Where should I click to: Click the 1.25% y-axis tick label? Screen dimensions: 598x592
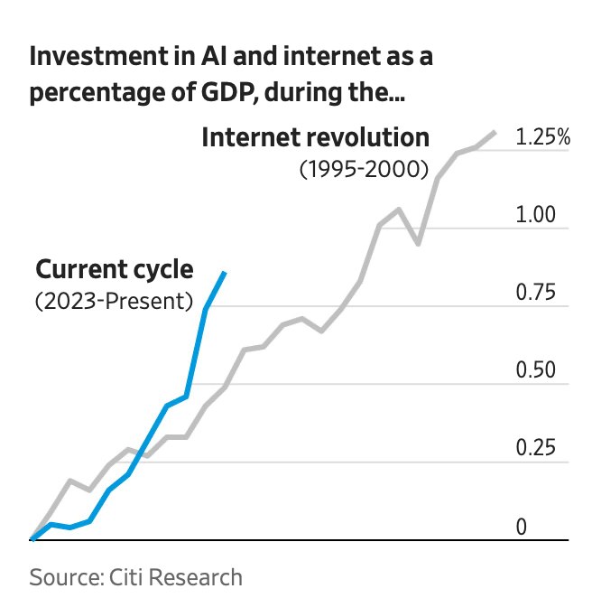tap(542, 138)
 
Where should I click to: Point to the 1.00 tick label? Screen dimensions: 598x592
tap(533, 216)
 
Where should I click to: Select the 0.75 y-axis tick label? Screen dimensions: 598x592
tap(533, 294)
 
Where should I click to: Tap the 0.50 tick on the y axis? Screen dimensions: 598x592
tap(533, 371)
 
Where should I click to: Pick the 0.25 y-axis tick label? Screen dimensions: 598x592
tap(533, 449)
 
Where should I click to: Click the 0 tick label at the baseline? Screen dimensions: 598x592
tap(521, 527)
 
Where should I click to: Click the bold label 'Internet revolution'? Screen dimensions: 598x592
tap(315, 138)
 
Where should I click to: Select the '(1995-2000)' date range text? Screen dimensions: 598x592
tap(363, 169)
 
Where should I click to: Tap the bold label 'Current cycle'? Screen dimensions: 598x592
tap(115, 269)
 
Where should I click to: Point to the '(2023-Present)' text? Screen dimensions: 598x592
tap(115, 301)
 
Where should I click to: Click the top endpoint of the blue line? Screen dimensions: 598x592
tap(225, 272)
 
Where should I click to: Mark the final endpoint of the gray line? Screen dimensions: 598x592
tap(495, 133)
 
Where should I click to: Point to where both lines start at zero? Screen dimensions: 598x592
tap(32, 539)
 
